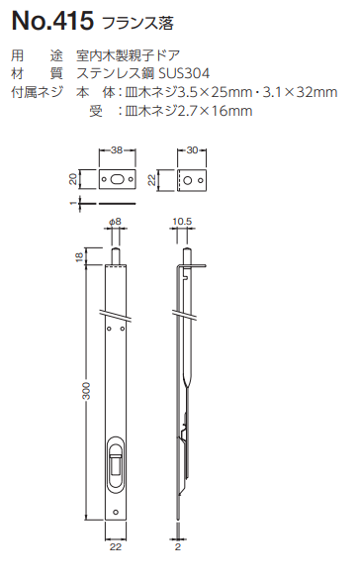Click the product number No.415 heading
(x=52, y=21)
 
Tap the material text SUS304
(x=184, y=73)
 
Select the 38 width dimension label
(x=117, y=150)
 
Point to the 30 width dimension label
(x=192, y=150)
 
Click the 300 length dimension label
(x=86, y=391)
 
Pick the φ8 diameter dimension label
(x=115, y=222)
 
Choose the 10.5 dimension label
(x=182, y=221)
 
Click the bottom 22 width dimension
(x=116, y=547)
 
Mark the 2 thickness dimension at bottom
(x=178, y=547)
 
